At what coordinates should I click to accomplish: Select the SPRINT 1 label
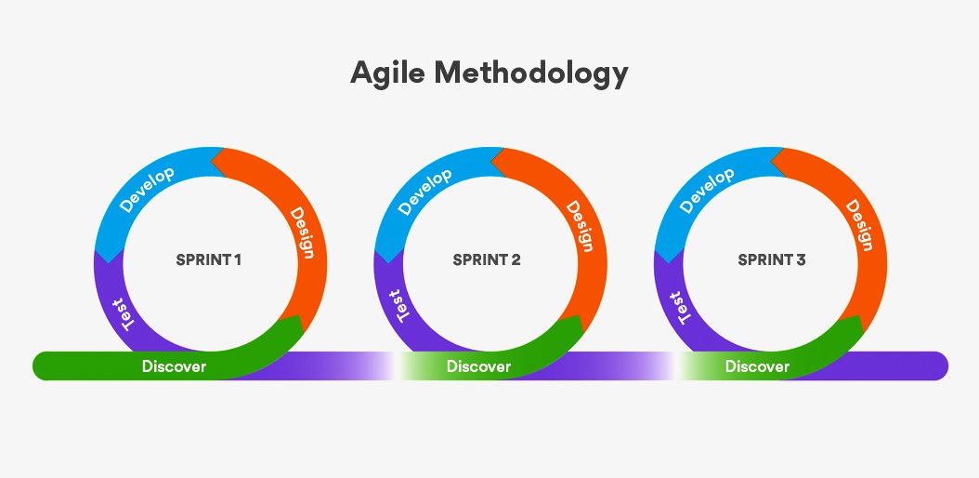pyautogui.click(x=209, y=259)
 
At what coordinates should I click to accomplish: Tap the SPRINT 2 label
pyautogui.click(x=487, y=259)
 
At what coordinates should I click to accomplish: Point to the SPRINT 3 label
pyautogui.click(x=772, y=259)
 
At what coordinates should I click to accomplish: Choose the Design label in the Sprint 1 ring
pyautogui.click(x=299, y=232)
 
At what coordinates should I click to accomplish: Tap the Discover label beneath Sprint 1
pyautogui.click(x=174, y=366)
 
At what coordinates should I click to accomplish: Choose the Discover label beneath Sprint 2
pyautogui.click(x=478, y=366)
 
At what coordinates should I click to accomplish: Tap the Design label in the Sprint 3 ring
pyautogui.click(x=859, y=225)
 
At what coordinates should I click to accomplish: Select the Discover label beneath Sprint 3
pyautogui.click(x=757, y=366)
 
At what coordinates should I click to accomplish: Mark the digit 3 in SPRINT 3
pyautogui.click(x=801, y=259)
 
